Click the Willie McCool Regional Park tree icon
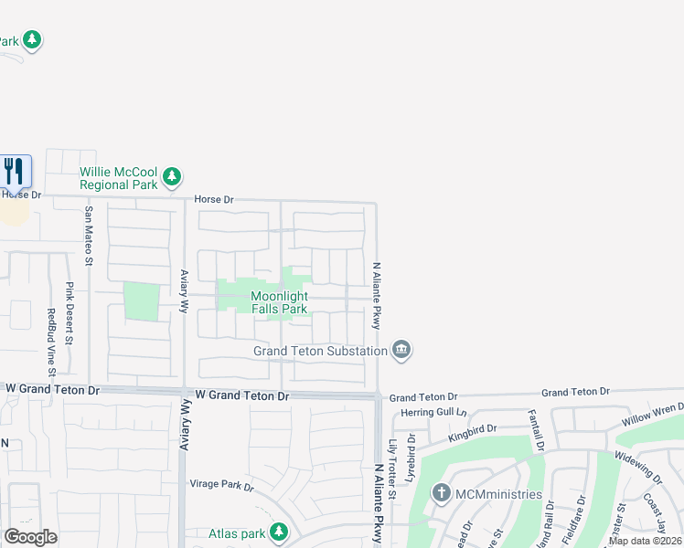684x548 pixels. click(x=172, y=176)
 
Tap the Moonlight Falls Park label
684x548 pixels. click(x=279, y=302)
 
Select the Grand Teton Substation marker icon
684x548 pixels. click(x=401, y=350)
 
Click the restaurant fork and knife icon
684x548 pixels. click(x=15, y=171)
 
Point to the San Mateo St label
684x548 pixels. click(x=89, y=236)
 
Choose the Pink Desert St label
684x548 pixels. click(x=69, y=312)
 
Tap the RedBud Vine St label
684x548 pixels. click(x=51, y=342)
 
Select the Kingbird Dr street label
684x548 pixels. click(x=471, y=432)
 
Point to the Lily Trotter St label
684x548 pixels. click(x=392, y=469)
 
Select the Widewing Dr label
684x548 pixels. click(x=637, y=467)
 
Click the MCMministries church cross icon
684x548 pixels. click(x=442, y=495)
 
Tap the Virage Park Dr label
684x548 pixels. click(x=221, y=486)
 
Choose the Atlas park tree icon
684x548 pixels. click(x=279, y=532)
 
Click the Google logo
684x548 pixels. click(x=30, y=537)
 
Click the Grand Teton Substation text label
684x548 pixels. click(x=320, y=351)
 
